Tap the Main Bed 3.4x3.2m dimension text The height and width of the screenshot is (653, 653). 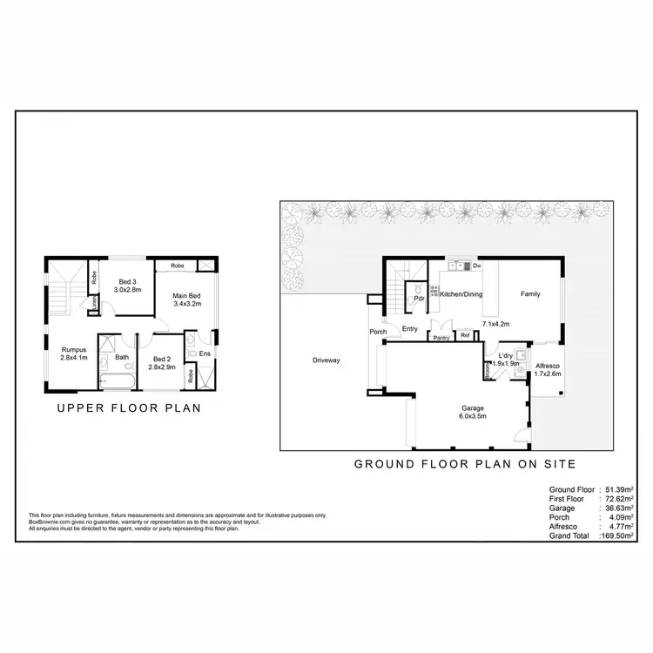[187, 304]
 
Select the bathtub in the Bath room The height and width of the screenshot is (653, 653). [115, 380]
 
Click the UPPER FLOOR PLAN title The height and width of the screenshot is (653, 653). [129, 407]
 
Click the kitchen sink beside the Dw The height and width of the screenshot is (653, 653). [459, 265]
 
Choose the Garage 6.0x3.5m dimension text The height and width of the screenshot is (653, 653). [473, 417]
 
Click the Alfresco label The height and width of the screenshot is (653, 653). [546, 366]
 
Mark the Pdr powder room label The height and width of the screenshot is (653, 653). [419, 299]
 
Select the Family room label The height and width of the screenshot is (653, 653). [530, 294]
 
